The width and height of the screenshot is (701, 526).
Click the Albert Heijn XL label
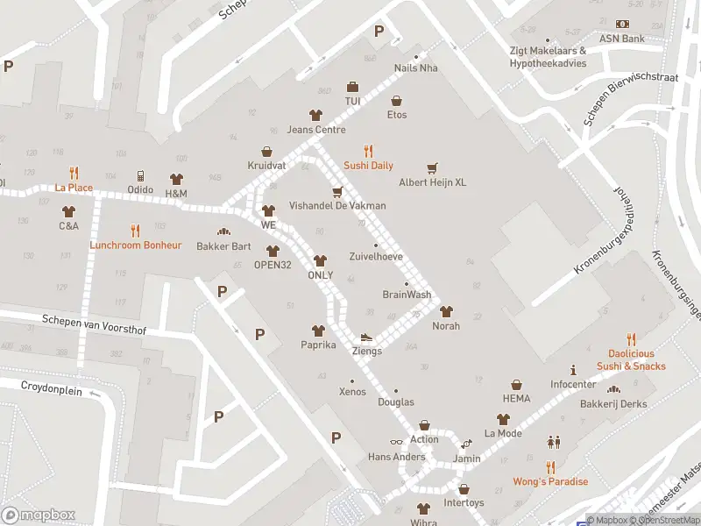(432, 182)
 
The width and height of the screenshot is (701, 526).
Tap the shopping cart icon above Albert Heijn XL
(431, 167)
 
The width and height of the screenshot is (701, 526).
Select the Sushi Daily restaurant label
(368, 166)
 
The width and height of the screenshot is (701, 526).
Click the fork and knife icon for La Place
(74, 173)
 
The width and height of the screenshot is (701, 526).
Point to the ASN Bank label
(621, 39)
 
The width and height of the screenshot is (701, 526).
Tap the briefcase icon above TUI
(352, 87)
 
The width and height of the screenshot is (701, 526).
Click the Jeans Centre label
(316, 130)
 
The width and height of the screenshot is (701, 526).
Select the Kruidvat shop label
(266, 166)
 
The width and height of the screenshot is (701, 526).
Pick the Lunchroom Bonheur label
(135, 245)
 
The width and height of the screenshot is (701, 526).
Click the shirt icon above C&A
(69, 211)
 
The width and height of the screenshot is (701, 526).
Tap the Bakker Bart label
(223, 246)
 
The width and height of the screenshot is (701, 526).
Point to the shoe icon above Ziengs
(366, 337)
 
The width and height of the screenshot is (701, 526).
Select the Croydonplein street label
(52, 388)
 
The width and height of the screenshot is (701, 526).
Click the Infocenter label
(573, 384)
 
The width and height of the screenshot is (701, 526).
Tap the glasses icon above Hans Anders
(396, 442)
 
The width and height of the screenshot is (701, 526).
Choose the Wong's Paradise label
(550, 481)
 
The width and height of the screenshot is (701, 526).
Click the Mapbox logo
(38, 515)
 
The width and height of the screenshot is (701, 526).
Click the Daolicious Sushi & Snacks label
(631, 360)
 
